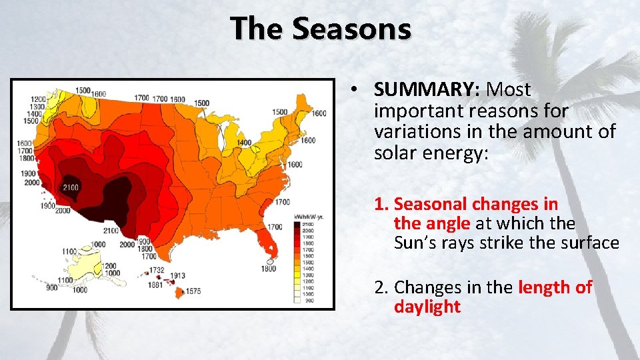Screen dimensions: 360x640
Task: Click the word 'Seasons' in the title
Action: click(351, 29)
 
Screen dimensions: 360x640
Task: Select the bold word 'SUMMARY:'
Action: click(419, 89)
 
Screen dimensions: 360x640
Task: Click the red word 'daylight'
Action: click(427, 307)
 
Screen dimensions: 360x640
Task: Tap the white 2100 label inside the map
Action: click(70, 187)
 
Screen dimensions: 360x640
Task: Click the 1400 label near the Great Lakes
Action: click(244, 143)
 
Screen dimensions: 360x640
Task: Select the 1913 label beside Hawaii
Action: click(177, 275)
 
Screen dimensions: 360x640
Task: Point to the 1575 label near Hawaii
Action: click(193, 291)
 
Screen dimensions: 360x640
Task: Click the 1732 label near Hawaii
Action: click(157, 269)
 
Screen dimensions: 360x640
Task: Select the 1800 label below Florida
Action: click(269, 269)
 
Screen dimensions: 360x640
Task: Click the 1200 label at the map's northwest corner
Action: click(39, 99)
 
